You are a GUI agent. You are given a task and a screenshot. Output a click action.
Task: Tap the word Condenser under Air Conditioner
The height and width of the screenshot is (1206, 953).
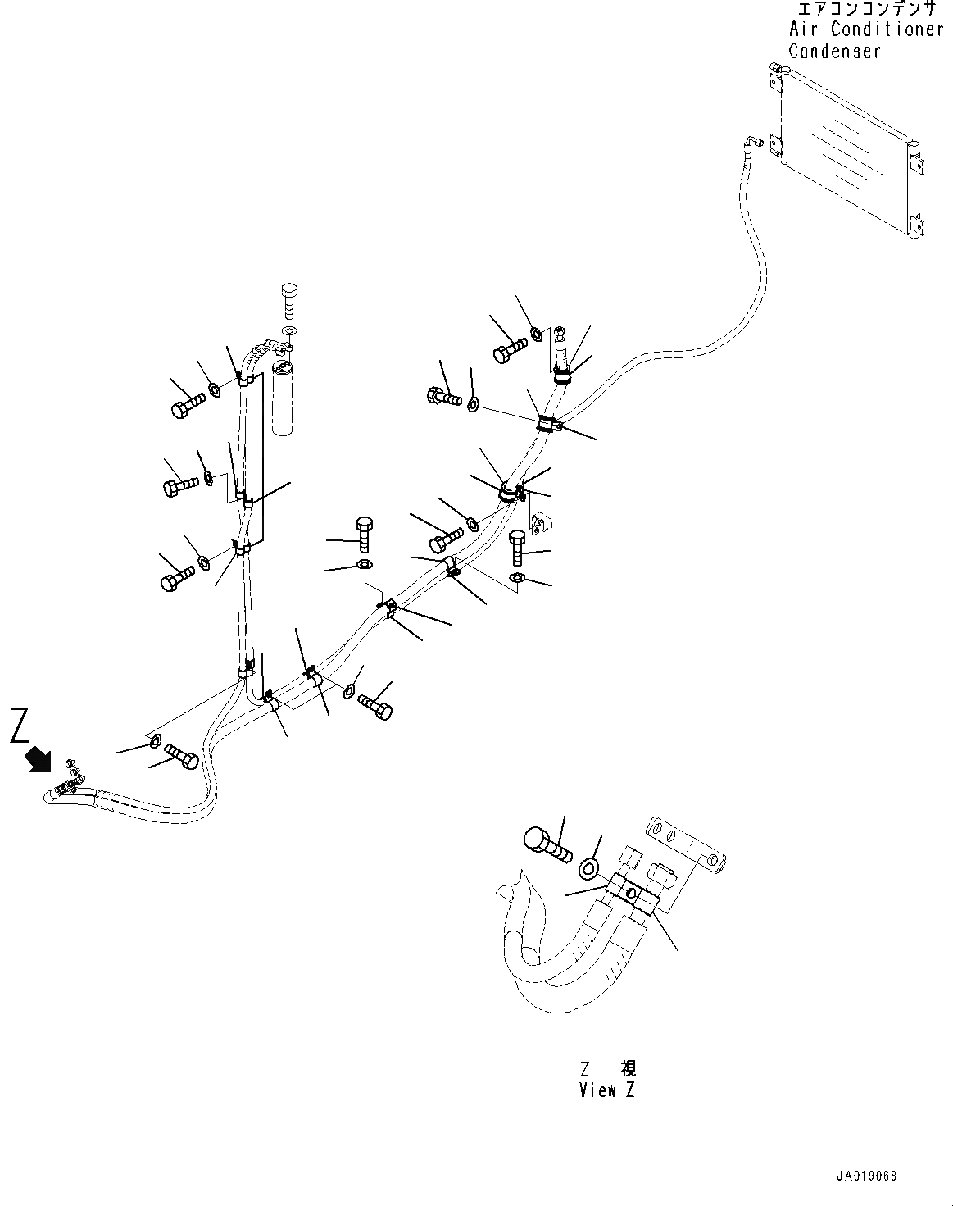tap(834, 51)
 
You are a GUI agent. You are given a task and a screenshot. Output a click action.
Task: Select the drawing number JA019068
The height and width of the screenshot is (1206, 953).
tap(867, 1176)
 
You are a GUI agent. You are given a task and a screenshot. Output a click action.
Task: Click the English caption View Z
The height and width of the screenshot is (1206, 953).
tap(606, 1090)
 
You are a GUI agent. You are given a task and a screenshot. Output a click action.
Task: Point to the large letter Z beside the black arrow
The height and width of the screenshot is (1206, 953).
tap(22, 726)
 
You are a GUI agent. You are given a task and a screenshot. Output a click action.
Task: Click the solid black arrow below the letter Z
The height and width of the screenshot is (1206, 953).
tap(38, 759)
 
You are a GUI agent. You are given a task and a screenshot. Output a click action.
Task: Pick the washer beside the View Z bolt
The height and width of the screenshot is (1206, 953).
tap(589, 867)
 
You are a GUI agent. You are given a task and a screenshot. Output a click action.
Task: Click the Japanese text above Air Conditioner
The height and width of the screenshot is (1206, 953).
tap(865, 10)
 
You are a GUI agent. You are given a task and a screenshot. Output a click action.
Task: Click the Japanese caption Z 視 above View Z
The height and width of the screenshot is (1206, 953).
tap(606, 1069)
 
